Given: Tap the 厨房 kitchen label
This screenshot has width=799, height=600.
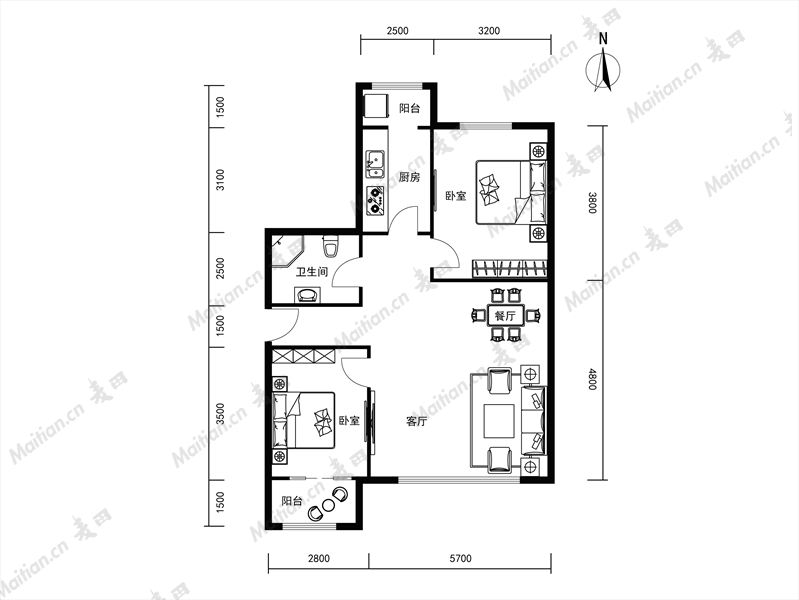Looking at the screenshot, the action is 409,177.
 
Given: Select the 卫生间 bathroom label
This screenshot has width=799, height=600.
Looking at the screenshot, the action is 312,272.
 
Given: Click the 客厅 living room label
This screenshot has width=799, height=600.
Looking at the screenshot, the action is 417,422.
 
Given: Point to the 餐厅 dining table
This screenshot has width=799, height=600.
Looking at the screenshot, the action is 505,316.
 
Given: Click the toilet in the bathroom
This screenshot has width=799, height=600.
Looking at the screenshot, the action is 330,246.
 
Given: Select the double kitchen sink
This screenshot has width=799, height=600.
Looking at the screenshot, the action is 376,164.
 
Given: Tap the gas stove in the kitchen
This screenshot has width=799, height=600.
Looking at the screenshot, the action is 376,200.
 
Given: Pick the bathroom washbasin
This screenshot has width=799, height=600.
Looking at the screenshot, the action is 307,295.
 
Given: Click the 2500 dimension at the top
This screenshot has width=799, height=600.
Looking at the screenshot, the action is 397,31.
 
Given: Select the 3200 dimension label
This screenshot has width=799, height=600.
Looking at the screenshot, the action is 489,31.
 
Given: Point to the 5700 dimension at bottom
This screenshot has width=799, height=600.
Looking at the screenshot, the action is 460,559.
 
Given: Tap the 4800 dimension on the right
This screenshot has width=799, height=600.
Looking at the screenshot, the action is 592,379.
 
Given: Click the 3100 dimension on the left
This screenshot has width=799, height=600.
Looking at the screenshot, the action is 220,180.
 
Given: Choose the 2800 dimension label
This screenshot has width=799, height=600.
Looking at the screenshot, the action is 318,559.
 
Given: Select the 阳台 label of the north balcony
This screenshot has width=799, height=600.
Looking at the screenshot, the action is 409,108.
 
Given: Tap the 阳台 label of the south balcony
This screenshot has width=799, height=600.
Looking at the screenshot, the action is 292,501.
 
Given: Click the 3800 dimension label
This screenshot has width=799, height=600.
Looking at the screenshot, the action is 592,202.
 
